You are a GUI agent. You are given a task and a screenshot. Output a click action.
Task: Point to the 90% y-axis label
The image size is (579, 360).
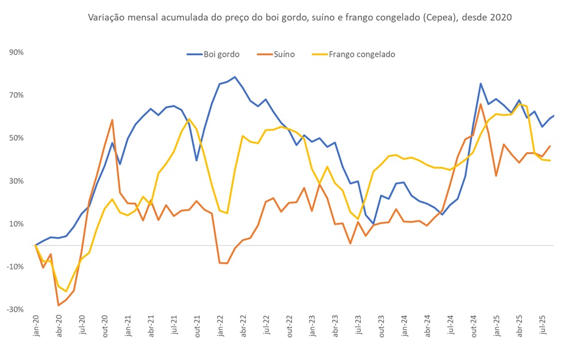16,52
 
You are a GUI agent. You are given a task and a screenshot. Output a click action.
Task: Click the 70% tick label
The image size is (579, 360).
16,95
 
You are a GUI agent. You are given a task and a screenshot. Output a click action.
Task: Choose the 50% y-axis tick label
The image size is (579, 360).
16,138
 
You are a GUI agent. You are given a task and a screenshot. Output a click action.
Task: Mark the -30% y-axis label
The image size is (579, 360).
15,310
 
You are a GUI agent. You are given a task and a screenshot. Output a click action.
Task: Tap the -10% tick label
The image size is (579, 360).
15,267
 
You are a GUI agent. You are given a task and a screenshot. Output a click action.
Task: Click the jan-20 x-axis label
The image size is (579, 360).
36,326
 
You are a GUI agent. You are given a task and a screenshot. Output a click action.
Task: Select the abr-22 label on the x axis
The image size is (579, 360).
243,326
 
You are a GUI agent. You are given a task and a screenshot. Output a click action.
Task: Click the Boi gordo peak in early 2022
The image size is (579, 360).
235,77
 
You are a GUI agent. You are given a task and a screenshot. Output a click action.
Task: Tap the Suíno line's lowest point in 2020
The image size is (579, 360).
58,305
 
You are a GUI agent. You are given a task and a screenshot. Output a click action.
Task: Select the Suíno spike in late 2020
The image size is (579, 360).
112,120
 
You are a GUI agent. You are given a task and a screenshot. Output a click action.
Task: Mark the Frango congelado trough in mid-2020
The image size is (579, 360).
66,291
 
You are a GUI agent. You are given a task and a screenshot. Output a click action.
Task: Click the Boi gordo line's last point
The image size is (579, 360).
554,116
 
